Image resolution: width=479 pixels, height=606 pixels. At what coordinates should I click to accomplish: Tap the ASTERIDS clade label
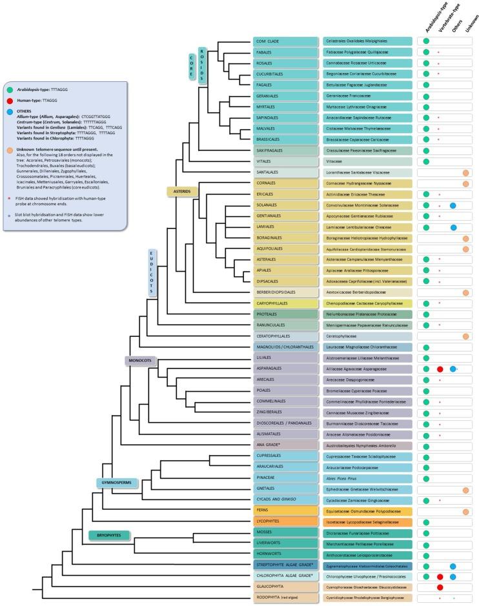pyautogui.click(x=182, y=191)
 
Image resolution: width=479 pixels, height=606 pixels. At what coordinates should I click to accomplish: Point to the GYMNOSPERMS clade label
pyautogui.click(x=118, y=483)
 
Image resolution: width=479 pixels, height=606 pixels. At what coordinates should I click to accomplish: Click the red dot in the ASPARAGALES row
pyautogui.click(x=440, y=369)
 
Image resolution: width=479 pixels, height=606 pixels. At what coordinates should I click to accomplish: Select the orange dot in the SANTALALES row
pyautogui.click(x=465, y=173)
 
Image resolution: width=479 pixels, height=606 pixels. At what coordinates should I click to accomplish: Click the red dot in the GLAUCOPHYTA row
pyautogui.click(x=440, y=587)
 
